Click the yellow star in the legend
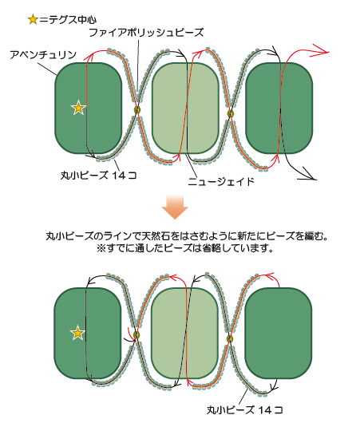(x=33, y=20)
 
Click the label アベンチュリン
(x=43, y=55)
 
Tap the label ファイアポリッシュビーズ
(x=146, y=33)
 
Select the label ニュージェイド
(x=221, y=181)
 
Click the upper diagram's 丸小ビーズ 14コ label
(x=98, y=176)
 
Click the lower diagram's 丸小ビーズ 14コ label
(x=245, y=410)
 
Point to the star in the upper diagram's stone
(x=78, y=108)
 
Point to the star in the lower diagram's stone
(x=77, y=333)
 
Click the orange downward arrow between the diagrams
(x=175, y=208)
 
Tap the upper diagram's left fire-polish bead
(x=137, y=110)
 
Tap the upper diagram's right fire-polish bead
(x=230, y=113)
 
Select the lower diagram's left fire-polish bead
(x=136, y=335)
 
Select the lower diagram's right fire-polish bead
(x=230, y=338)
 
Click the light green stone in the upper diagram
(x=185, y=109)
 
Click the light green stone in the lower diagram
(x=184, y=334)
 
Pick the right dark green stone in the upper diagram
(x=279, y=109)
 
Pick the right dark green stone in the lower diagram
(x=279, y=334)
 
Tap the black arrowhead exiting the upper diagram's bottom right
(x=308, y=175)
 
